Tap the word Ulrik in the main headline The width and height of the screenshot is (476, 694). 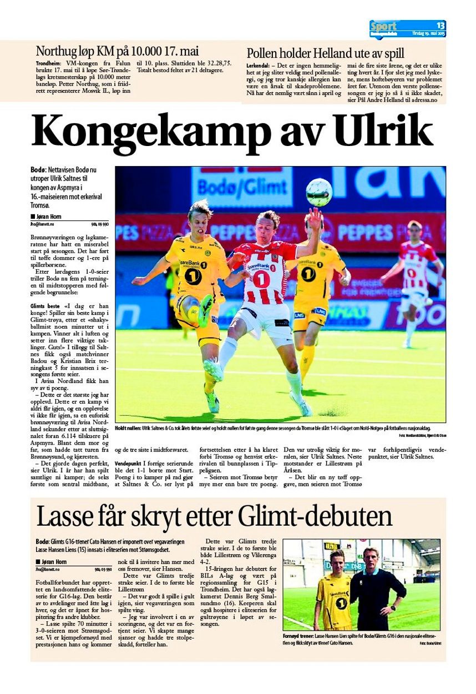(383, 131)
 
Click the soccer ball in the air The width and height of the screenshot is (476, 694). (318, 192)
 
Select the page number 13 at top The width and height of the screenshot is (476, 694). (440, 26)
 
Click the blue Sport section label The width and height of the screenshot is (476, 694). (384, 26)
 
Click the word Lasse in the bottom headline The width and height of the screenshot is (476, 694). (60, 516)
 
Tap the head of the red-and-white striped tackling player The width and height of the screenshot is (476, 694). (268, 220)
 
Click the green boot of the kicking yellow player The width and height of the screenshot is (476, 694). (205, 310)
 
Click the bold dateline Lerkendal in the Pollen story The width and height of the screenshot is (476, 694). (259, 66)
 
